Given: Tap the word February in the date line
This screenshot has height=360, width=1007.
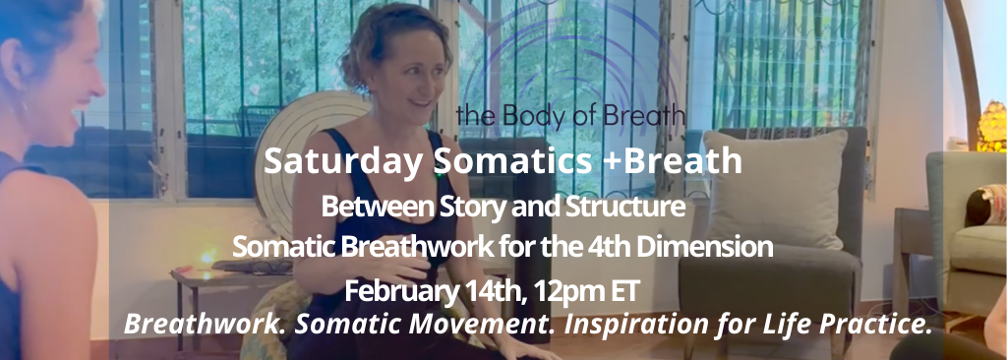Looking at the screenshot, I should pos(397,291).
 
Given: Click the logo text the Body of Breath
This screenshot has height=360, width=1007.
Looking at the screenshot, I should pos(570,115).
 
